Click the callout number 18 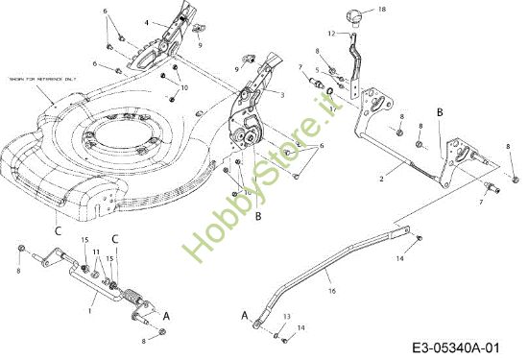click(382, 10)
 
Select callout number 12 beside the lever click(331, 33)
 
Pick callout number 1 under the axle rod click(91, 309)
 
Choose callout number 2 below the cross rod click(381, 179)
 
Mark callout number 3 click(282, 94)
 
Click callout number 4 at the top click(147, 21)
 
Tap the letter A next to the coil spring click(168, 315)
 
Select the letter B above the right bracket click(440, 113)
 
